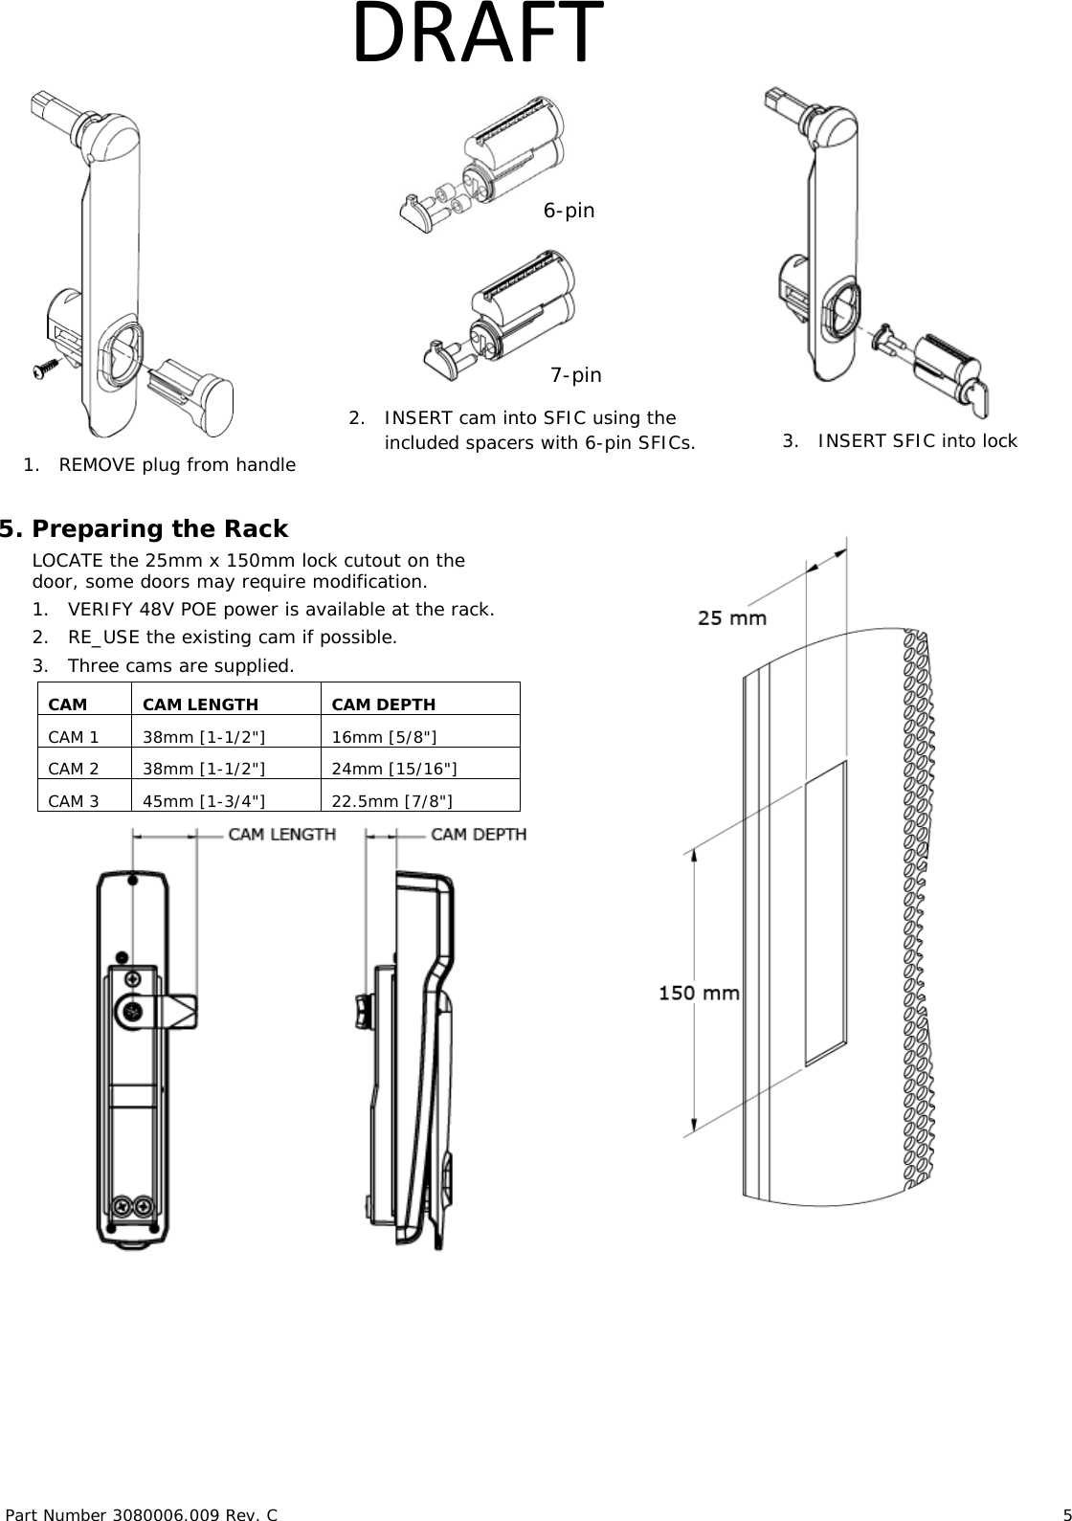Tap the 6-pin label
[569, 211]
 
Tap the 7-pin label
[575, 375]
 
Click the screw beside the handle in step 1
[45, 369]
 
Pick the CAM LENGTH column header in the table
[200, 705]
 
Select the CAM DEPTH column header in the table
[383, 705]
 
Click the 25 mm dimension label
[731, 618]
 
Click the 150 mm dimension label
[699, 994]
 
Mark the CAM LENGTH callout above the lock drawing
[281, 835]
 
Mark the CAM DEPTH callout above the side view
[478, 835]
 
